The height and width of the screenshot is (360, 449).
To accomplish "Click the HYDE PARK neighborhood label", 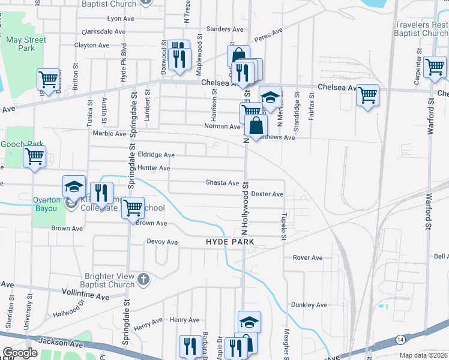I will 230,241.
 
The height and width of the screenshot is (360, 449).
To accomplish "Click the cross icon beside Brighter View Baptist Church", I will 143,279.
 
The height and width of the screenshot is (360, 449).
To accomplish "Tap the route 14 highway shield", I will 399,340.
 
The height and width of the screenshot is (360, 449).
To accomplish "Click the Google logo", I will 20,353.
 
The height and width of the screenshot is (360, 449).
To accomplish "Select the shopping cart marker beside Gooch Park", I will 35,157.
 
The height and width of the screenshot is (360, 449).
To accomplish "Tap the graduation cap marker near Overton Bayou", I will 75,187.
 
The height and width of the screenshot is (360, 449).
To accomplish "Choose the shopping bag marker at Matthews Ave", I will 256,126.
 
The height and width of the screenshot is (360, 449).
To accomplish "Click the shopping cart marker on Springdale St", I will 133,208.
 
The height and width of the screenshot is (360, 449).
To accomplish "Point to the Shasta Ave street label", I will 223,182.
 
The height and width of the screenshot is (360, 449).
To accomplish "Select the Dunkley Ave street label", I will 309,305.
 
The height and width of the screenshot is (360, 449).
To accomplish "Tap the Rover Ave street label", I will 307,257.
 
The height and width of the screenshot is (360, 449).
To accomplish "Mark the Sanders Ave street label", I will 224,29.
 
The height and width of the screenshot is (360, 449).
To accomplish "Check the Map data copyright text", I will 423,355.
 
